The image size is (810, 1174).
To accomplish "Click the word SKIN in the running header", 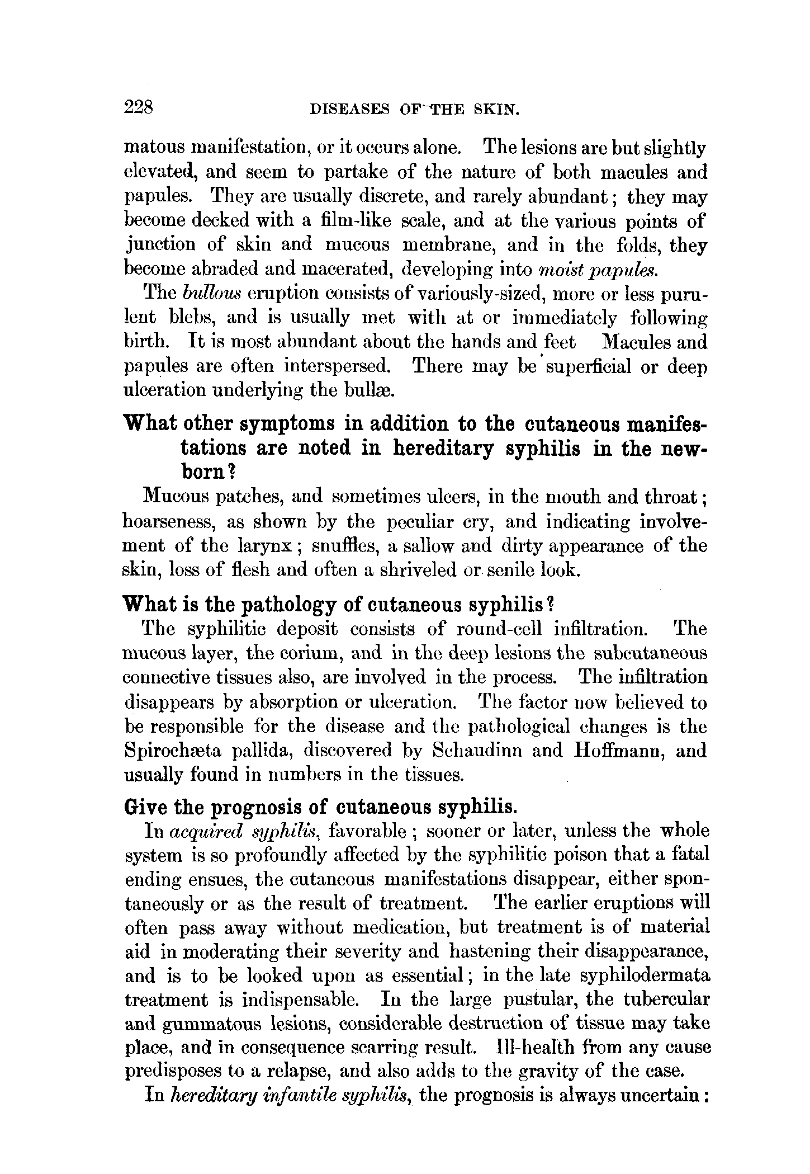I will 497,110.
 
